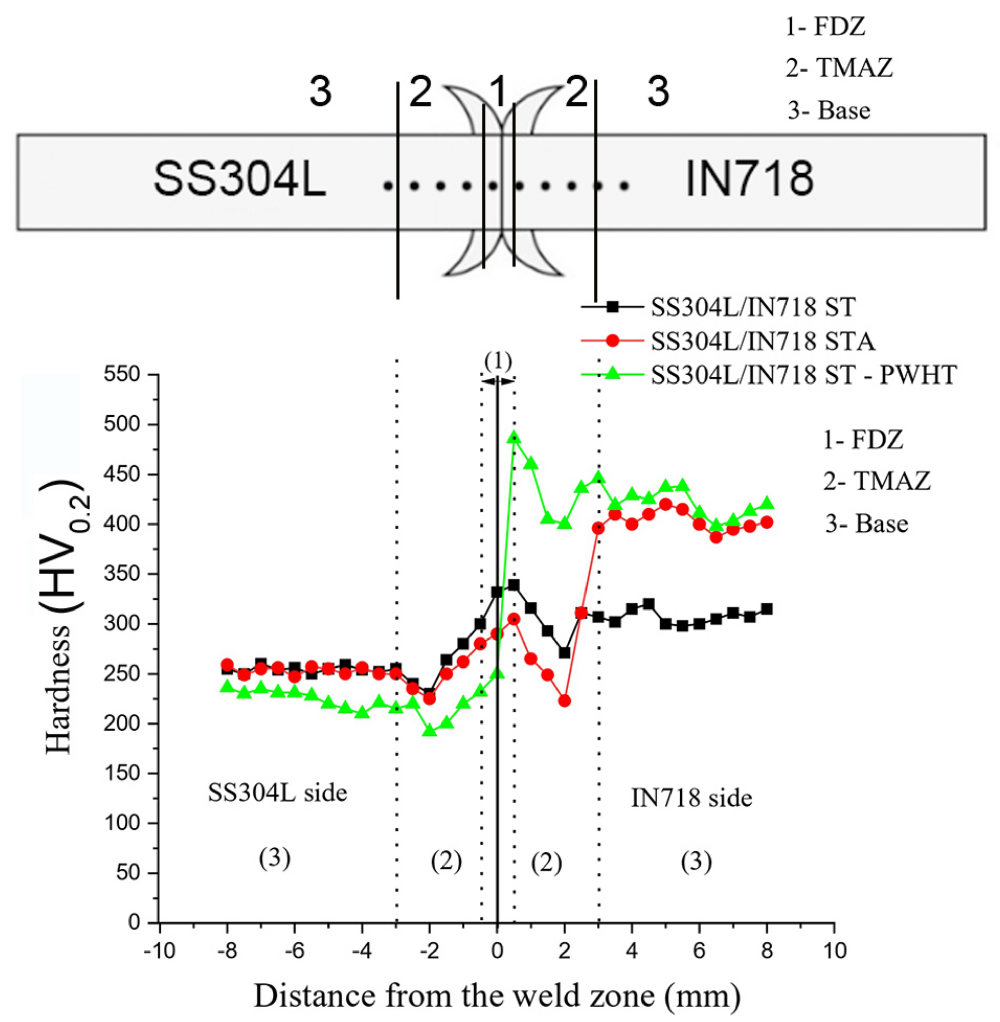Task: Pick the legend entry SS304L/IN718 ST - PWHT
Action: [x=804, y=375]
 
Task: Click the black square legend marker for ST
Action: [x=612, y=307]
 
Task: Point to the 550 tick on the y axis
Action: [x=122, y=375]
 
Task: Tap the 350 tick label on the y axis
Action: [x=122, y=574]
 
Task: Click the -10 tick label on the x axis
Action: [x=160, y=950]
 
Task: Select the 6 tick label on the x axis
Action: [x=699, y=950]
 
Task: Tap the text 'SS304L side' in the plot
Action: [x=277, y=793]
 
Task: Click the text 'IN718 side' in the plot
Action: [x=691, y=798]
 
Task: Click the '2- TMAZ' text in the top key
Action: [x=839, y=68]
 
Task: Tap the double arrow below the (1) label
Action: [x=497, y=381]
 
